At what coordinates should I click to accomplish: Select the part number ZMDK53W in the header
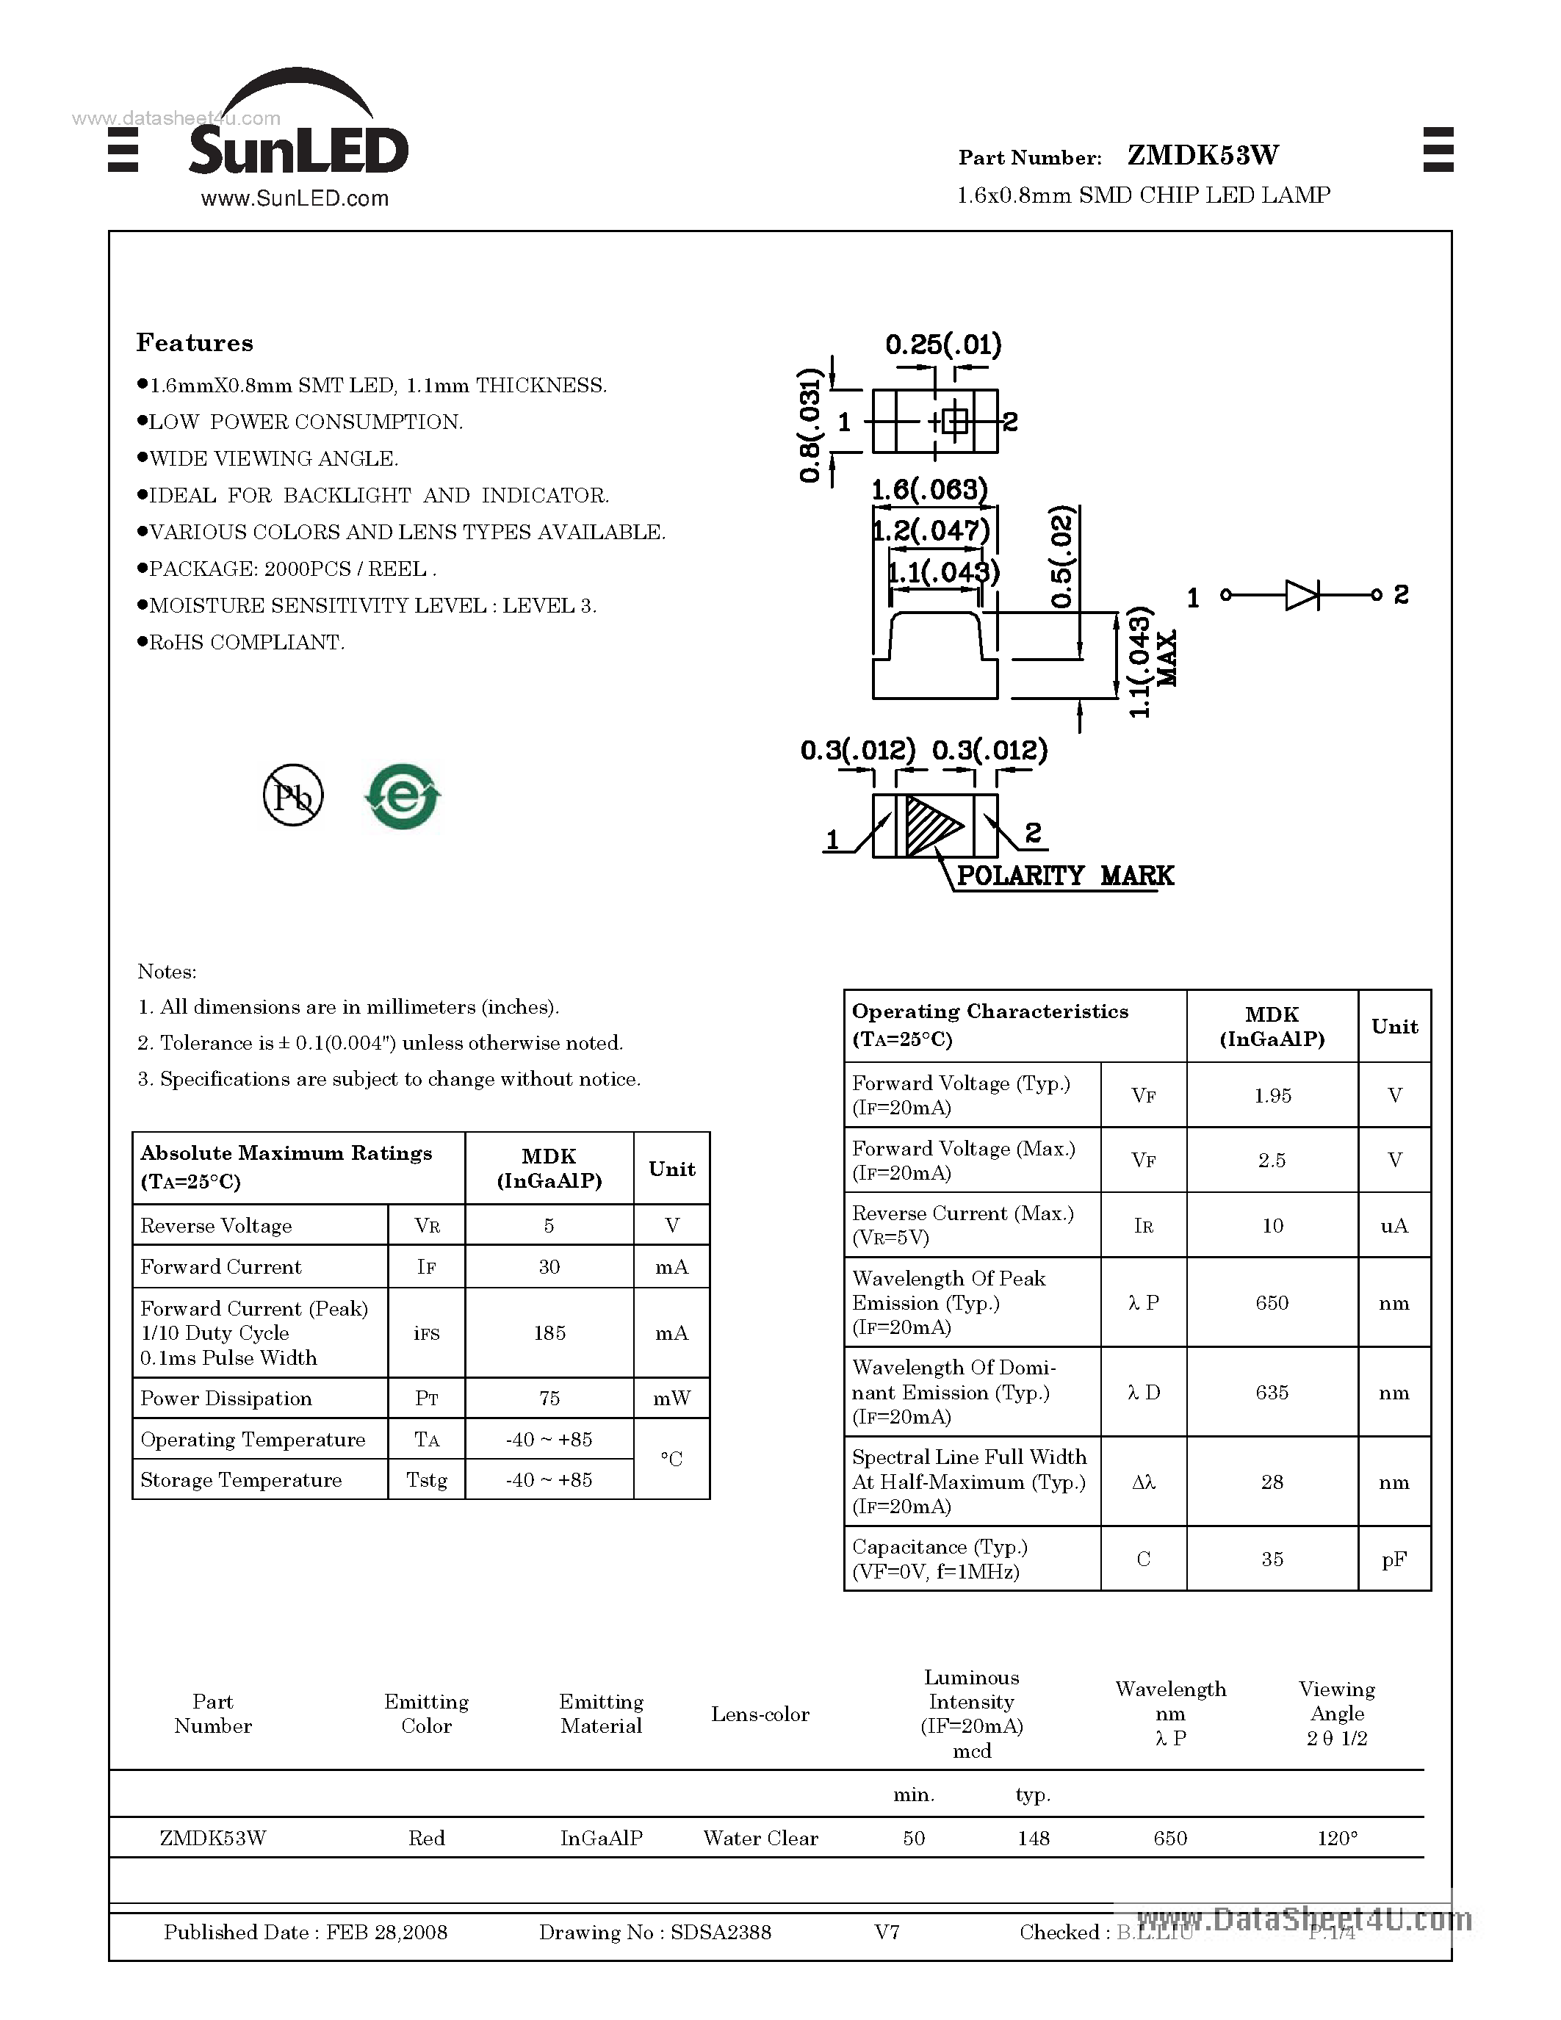(1203, 156)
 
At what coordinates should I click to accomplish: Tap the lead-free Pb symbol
(293, 796)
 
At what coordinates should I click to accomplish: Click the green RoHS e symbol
(403, 796)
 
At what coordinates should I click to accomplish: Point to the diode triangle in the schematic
(1301, 595)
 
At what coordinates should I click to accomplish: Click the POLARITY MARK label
(1064, 876)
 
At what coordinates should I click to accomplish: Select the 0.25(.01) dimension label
(943, 345)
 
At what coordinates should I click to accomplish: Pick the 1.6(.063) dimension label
(929, 488)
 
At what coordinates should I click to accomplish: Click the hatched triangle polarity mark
(929, 825)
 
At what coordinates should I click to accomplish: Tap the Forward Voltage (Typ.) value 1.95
(1272, 1096)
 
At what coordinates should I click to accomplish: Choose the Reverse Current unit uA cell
(1394, 1225)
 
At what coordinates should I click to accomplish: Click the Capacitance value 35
(1272, 1559)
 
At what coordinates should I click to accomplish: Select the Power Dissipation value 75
(549, 1399)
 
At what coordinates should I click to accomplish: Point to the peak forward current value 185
(549, 1332)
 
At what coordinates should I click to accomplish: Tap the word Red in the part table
(426, 1838)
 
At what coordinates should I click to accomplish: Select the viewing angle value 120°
(1337, 1838)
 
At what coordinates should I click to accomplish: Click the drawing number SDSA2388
(721, 1932)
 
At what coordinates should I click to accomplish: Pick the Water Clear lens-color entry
(760, 1838)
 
